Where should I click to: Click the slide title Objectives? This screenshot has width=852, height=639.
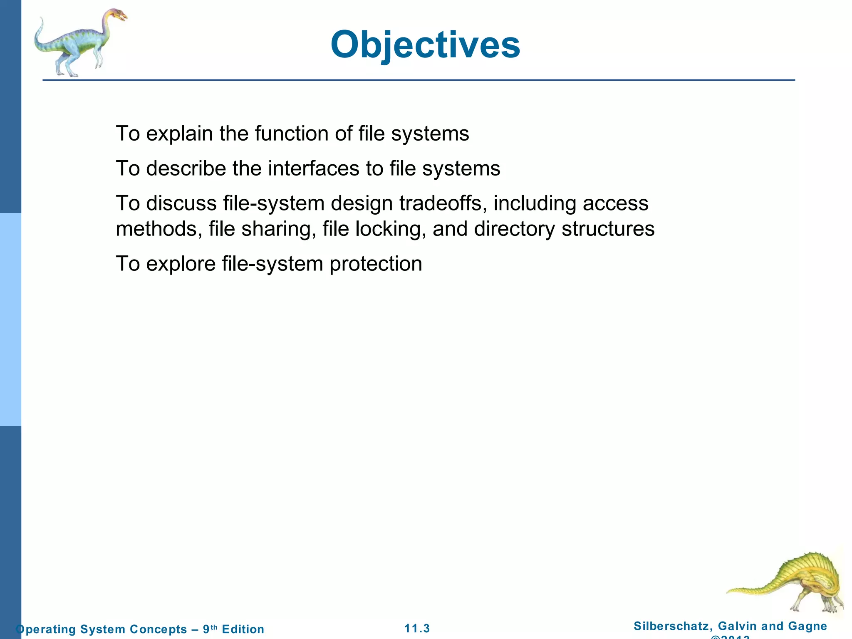[x=425, y=45]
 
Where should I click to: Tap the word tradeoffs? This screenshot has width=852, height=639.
[x=443, y=203]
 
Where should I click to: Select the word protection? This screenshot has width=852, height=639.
[x=376, y=264]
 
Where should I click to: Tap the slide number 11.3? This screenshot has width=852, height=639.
[x=417, y=629]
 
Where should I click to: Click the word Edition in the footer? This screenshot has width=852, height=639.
[x=243, y=629]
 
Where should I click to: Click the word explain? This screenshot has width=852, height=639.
[x=179, y=134]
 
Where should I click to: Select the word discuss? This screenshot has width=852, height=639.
[x=181, y=203]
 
